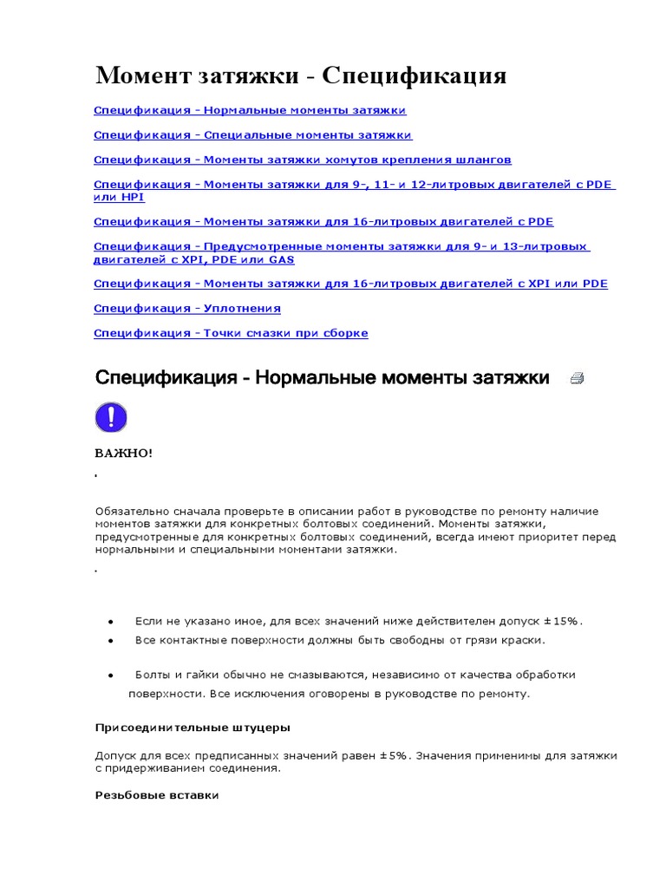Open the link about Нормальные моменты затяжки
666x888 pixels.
(250, 111)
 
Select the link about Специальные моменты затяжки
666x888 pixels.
(252, 135)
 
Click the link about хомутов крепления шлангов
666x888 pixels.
(302, 160)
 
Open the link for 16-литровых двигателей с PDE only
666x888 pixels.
(323, 222)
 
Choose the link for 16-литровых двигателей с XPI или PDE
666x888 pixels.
(350, 284)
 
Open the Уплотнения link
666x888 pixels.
(187, 309)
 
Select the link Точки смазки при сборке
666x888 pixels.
(231, 334)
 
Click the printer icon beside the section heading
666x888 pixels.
(577, 378)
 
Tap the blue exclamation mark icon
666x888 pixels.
(111, 418)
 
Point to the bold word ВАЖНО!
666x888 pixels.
(123, 454)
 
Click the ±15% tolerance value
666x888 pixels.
(563, 622)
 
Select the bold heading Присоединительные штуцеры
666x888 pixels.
(193, 727)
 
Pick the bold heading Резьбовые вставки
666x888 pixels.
(156, 795)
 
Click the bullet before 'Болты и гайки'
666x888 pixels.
(111, 675)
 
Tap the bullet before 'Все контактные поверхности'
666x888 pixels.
(111, 640)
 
